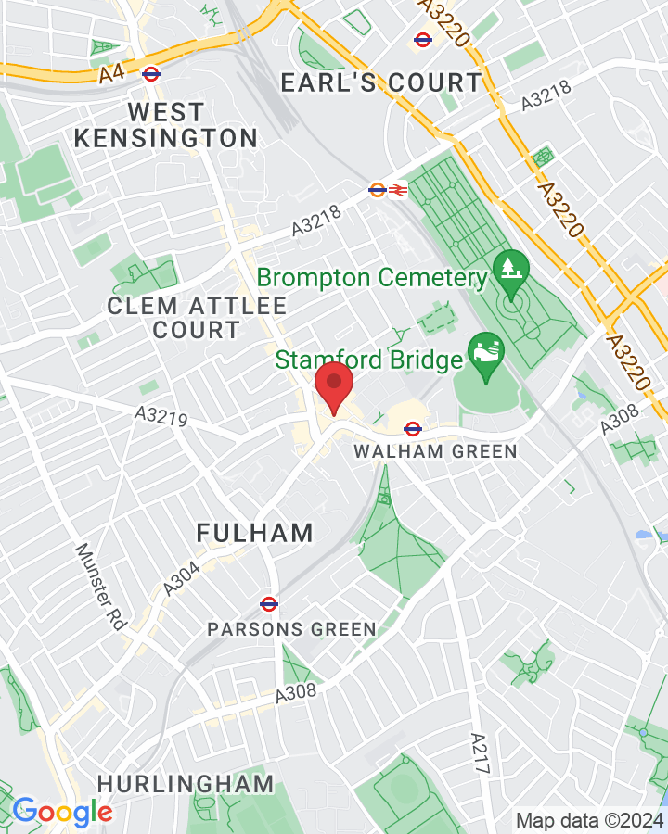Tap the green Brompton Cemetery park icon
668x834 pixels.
click(x=510, y=269)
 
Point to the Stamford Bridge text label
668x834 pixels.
click(x=369, y=360)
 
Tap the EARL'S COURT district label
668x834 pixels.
click(x=381, y=82)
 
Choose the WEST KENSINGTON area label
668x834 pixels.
click(x=166, y=125)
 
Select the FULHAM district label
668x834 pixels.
click(x=255, y=533)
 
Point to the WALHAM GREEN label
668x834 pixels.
click(x=435, y=452)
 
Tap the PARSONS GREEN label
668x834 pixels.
click(x=291, y=629)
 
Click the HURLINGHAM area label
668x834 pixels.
click(x=186, y=783)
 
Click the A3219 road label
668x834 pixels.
click(x=161, y=419)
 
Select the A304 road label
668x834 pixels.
click(x=183, y=574)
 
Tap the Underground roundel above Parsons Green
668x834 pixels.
click(x=269, y=604)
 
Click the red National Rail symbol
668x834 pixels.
click(x=397, y=190)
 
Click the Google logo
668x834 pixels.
click(x=62, y=813)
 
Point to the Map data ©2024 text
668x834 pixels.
click(x=589, y=820)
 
